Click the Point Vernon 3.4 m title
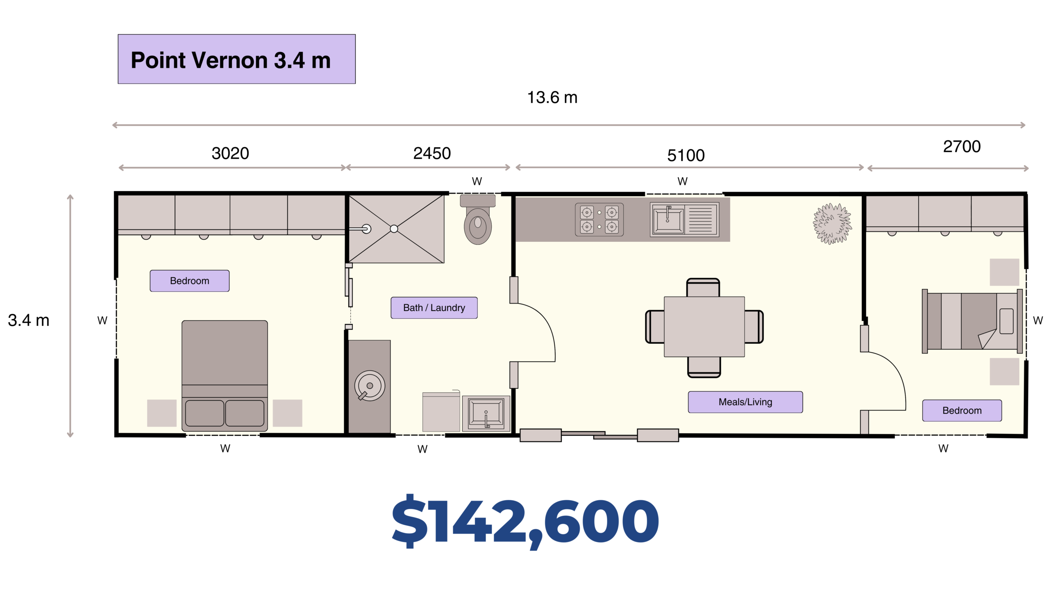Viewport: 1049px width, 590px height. (x=231, y=60)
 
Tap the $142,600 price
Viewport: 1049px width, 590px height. (x=525, y=522)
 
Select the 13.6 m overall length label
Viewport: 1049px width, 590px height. (x=552, y=98)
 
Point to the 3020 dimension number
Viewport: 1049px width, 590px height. (x=230, y=153)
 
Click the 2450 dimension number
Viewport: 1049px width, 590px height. (x=432, y=153)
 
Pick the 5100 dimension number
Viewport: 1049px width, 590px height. (x=686, y=155)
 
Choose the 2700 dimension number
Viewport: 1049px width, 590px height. (x=962, y=146)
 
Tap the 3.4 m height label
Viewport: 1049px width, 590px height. (x=29, y=320)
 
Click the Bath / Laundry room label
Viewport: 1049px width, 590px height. (x=434, y=308)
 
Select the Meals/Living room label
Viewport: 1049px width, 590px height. (x=745, y=402)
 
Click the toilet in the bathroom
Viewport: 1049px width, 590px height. (x=478, y=220)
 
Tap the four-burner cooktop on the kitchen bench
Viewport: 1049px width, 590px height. (x=599, y=220)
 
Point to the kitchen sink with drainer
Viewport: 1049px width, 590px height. (x=684, y=220)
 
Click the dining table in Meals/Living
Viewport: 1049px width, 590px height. (x=704, y=327)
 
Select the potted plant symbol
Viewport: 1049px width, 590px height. (x=832, y=224)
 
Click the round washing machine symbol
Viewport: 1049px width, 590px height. (x=370, y=386)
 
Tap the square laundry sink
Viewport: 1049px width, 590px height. (x=486, y=413)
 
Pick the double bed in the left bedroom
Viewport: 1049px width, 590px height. (x=225, y=376)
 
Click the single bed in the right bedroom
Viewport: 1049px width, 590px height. (x=972, y=321)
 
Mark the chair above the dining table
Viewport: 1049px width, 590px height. (x=703, y=288)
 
